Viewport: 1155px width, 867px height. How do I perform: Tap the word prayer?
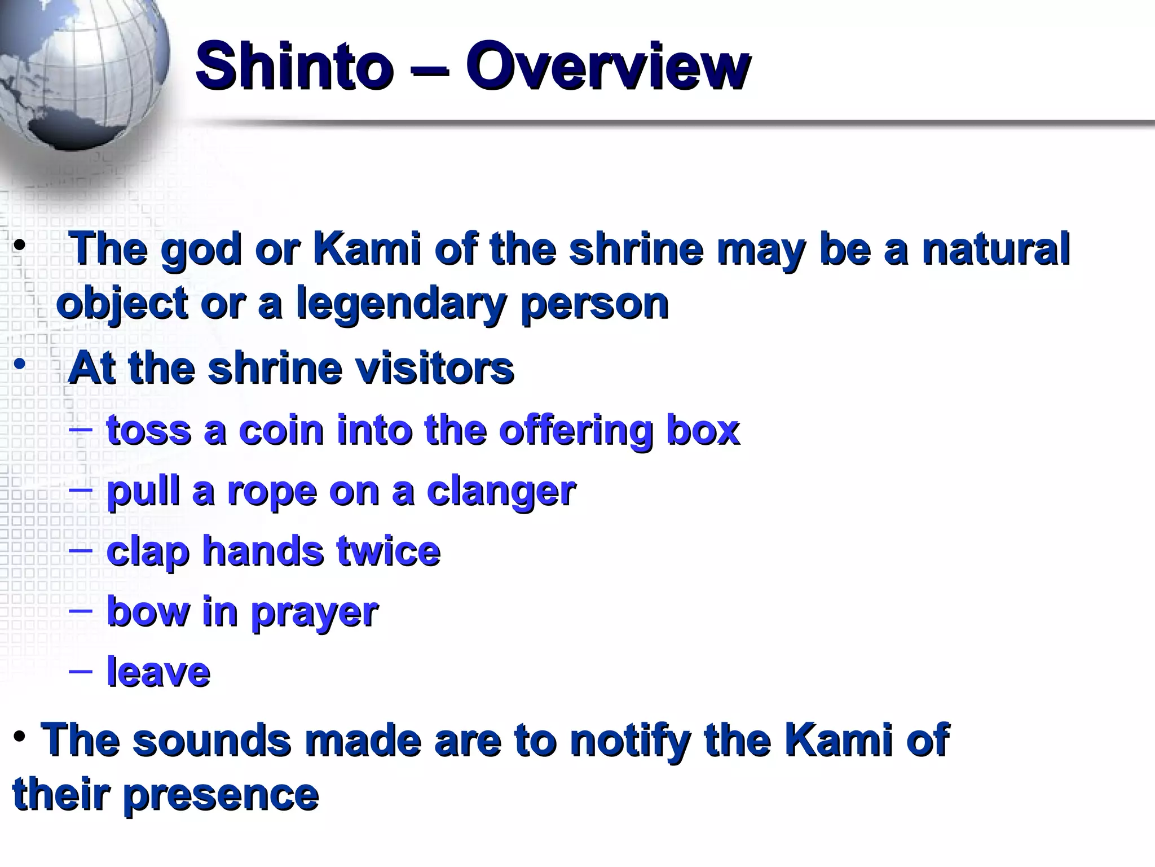pyautogui.click(x=314, y=612)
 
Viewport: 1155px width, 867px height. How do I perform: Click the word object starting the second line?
pyautogui.click(x=122, y=304)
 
